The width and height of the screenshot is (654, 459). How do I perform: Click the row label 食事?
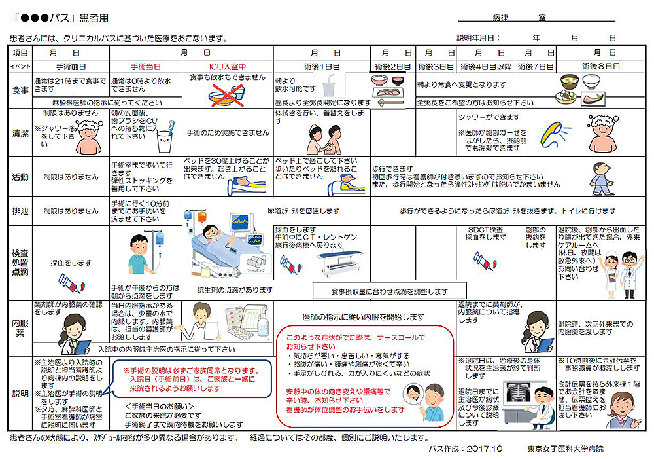20,90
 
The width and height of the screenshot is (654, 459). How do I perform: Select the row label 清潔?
20,132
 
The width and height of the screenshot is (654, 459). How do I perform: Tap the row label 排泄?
20,211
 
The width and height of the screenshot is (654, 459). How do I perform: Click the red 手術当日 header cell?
146,66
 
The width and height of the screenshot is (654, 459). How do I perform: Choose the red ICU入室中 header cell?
227,66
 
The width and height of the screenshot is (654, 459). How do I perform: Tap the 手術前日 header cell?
71,66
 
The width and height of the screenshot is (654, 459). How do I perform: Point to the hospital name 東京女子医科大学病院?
566,449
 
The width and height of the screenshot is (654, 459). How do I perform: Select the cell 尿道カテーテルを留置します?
303,211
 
